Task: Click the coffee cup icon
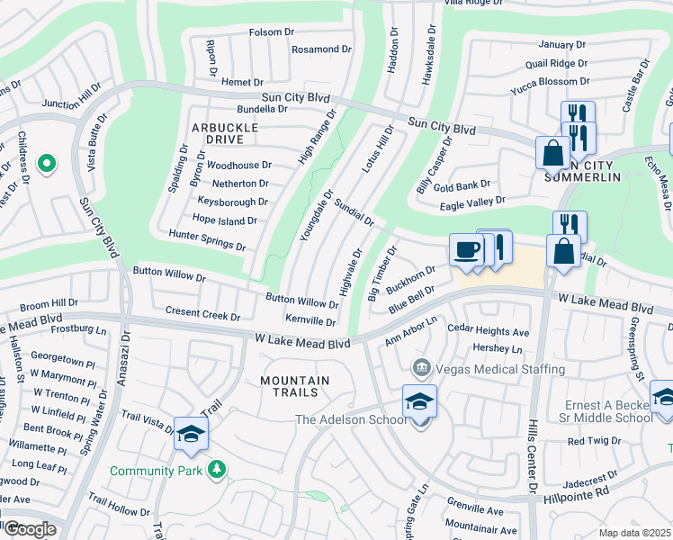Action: [x=466, y=249]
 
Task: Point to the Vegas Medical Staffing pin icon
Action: [x=420, y=369]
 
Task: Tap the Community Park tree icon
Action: [x=216, y=470]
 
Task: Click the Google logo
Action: [x=29, y=528]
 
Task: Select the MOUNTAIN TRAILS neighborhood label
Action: [x=294, y=387]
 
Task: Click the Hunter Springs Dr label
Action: [x=207, y=238]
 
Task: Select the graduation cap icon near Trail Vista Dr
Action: [x=191, y=434]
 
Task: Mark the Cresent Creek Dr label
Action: [x=202, y=316]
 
